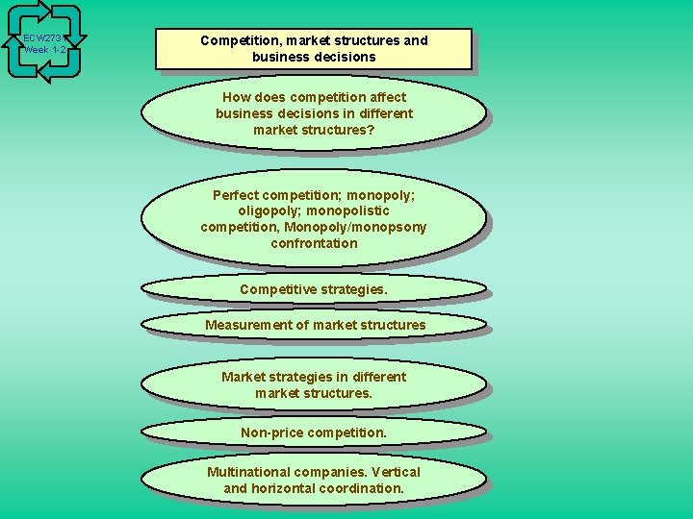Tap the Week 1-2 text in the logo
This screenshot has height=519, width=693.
coord(45,50)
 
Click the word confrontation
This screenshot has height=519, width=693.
coord(314,244)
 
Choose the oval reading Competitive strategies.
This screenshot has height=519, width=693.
coord(314,289)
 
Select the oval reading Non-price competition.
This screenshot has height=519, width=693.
coord(314,432)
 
